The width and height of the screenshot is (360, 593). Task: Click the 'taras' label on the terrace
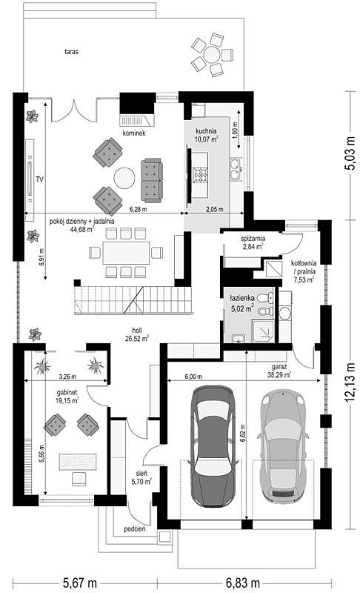tap(71, 51)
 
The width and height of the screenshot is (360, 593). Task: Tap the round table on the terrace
tap(212, 55)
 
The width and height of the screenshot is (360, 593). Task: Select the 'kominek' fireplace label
tap(134, 133)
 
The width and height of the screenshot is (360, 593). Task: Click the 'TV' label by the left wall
tap(39, 179)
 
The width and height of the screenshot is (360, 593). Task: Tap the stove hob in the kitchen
tap(200, 175)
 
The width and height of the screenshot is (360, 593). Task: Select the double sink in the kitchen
tap(236, 170)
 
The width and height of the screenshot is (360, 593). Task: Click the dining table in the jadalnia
tap(126, 253)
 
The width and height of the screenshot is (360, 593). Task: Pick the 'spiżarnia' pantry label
tap(253, 239)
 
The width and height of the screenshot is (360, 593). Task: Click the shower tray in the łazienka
tap(263, 331)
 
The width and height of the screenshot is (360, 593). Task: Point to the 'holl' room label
tap(137, 331)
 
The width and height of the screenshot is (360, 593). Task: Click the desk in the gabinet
tap(78, 462)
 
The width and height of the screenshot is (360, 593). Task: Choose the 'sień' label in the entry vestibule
tap(141, 474)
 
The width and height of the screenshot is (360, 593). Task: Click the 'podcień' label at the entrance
tap(135, 529)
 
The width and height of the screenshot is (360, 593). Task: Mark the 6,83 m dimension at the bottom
tap(243, 583)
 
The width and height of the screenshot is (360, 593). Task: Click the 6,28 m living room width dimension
tap(139, 209)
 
